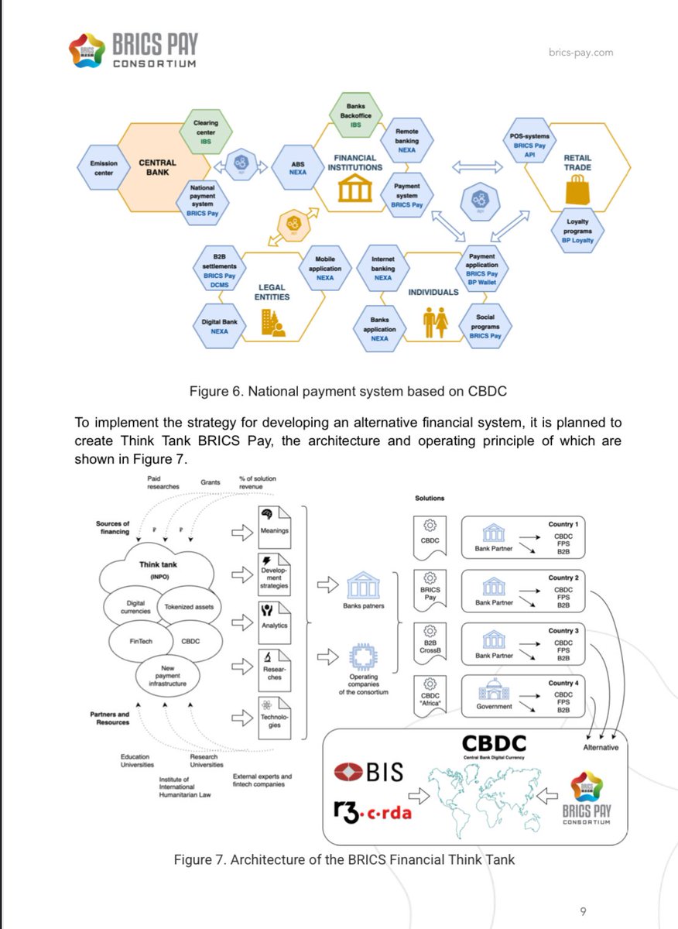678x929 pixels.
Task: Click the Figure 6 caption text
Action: (348, 391)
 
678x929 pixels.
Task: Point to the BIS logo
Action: (368, 772)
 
